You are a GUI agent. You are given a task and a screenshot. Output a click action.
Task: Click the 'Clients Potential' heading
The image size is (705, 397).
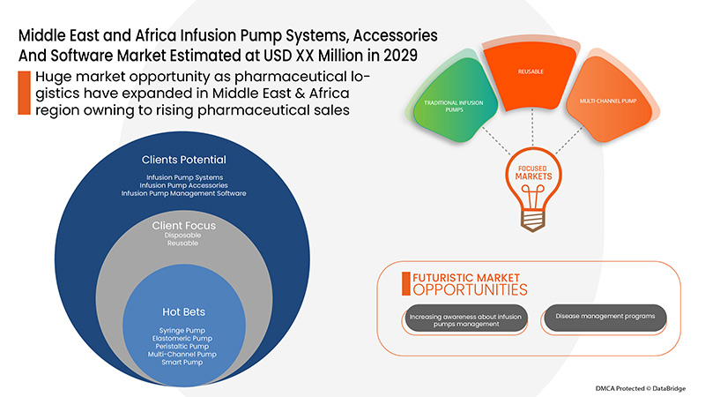point(184,160)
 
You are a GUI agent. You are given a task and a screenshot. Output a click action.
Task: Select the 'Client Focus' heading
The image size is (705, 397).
point(184,226)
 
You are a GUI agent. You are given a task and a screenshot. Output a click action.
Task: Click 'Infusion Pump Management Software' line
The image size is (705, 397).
point(184,193)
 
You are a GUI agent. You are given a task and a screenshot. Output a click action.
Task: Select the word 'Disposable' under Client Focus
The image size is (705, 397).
point(184,236)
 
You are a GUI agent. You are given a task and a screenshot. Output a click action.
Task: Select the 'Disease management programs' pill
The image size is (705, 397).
point(605,318)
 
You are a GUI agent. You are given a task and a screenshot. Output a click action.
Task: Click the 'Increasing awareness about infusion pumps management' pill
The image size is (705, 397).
point(465,318)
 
